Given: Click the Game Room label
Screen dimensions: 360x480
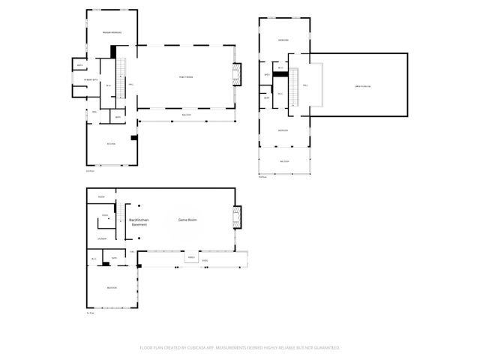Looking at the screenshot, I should (187, 220).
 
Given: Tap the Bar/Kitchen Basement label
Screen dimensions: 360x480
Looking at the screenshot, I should (139, 222).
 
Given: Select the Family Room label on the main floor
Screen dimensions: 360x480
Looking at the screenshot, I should (185, 77).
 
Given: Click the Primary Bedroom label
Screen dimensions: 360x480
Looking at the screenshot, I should (112, 32).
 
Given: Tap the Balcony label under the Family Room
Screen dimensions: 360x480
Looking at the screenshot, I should (187, 114).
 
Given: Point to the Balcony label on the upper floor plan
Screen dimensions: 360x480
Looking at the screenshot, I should (284, 161).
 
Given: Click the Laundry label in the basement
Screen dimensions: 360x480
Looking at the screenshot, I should (101, 239).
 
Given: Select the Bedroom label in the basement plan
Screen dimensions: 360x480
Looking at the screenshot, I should (110, 287).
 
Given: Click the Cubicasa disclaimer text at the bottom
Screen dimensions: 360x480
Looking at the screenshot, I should (240, 348).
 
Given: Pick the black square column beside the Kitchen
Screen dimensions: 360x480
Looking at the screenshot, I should (133, 137).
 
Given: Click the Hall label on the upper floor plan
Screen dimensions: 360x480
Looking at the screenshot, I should (305, 85).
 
